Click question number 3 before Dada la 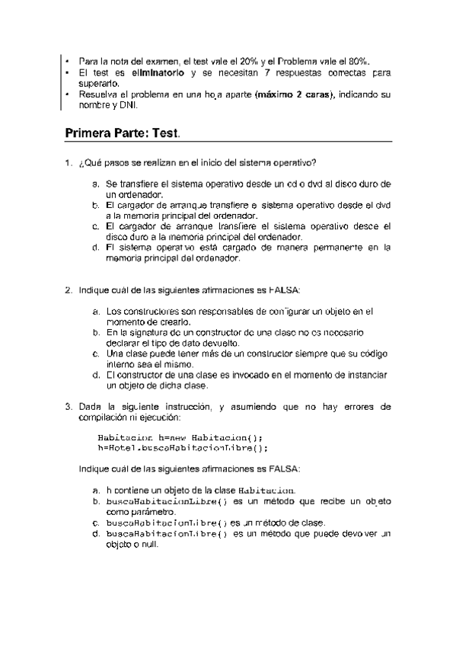68,407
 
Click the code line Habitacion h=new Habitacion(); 180,438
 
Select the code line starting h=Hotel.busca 179,449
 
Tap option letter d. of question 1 95,248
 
